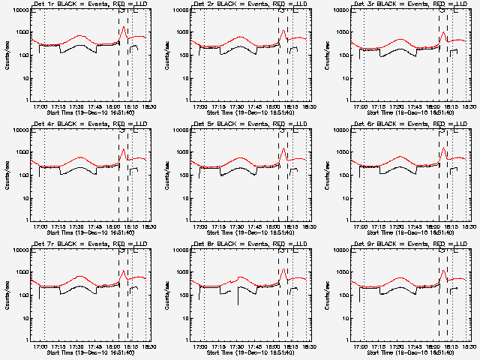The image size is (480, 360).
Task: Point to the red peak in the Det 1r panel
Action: [x=124, y=27]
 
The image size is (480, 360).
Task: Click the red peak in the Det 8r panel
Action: [x=283, y=269]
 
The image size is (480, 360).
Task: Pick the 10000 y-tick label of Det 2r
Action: [x=179, y=10]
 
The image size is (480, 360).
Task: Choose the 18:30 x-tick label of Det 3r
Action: [x=465, y=106]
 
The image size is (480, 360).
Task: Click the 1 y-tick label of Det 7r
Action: [x=27, y=340]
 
